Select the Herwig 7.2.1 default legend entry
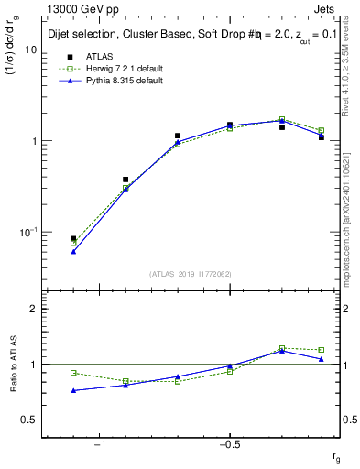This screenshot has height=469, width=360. click(119, 69)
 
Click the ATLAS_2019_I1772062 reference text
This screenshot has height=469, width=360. click(191, 274)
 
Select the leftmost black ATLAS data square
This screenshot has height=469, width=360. click(73, 239)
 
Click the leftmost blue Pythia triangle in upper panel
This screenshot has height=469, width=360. click(73, 251)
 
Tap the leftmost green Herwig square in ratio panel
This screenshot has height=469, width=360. click(73, 373)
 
